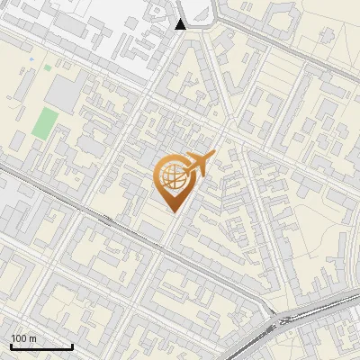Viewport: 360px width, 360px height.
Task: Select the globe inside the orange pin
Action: click(171, 175)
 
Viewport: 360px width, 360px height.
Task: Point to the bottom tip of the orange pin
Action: click(172, 211)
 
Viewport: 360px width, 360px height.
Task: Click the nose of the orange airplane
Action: click(214, 155)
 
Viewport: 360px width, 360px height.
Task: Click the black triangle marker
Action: click(181, 24)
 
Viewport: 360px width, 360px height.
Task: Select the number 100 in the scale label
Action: click(20, 339)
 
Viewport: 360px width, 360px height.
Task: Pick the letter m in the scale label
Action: click(32, 339)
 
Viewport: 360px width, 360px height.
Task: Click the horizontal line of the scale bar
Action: click(41, 347)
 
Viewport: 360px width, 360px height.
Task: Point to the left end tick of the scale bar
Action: click(11, 345)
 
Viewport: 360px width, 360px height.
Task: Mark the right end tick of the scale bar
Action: click(72, 345)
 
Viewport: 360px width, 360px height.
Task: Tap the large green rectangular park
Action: click(42, 122)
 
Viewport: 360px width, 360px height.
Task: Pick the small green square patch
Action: click(48, 67)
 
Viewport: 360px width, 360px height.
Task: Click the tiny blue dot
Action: click(31, 60)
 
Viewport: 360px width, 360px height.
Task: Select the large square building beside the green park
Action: click(64, 91)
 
